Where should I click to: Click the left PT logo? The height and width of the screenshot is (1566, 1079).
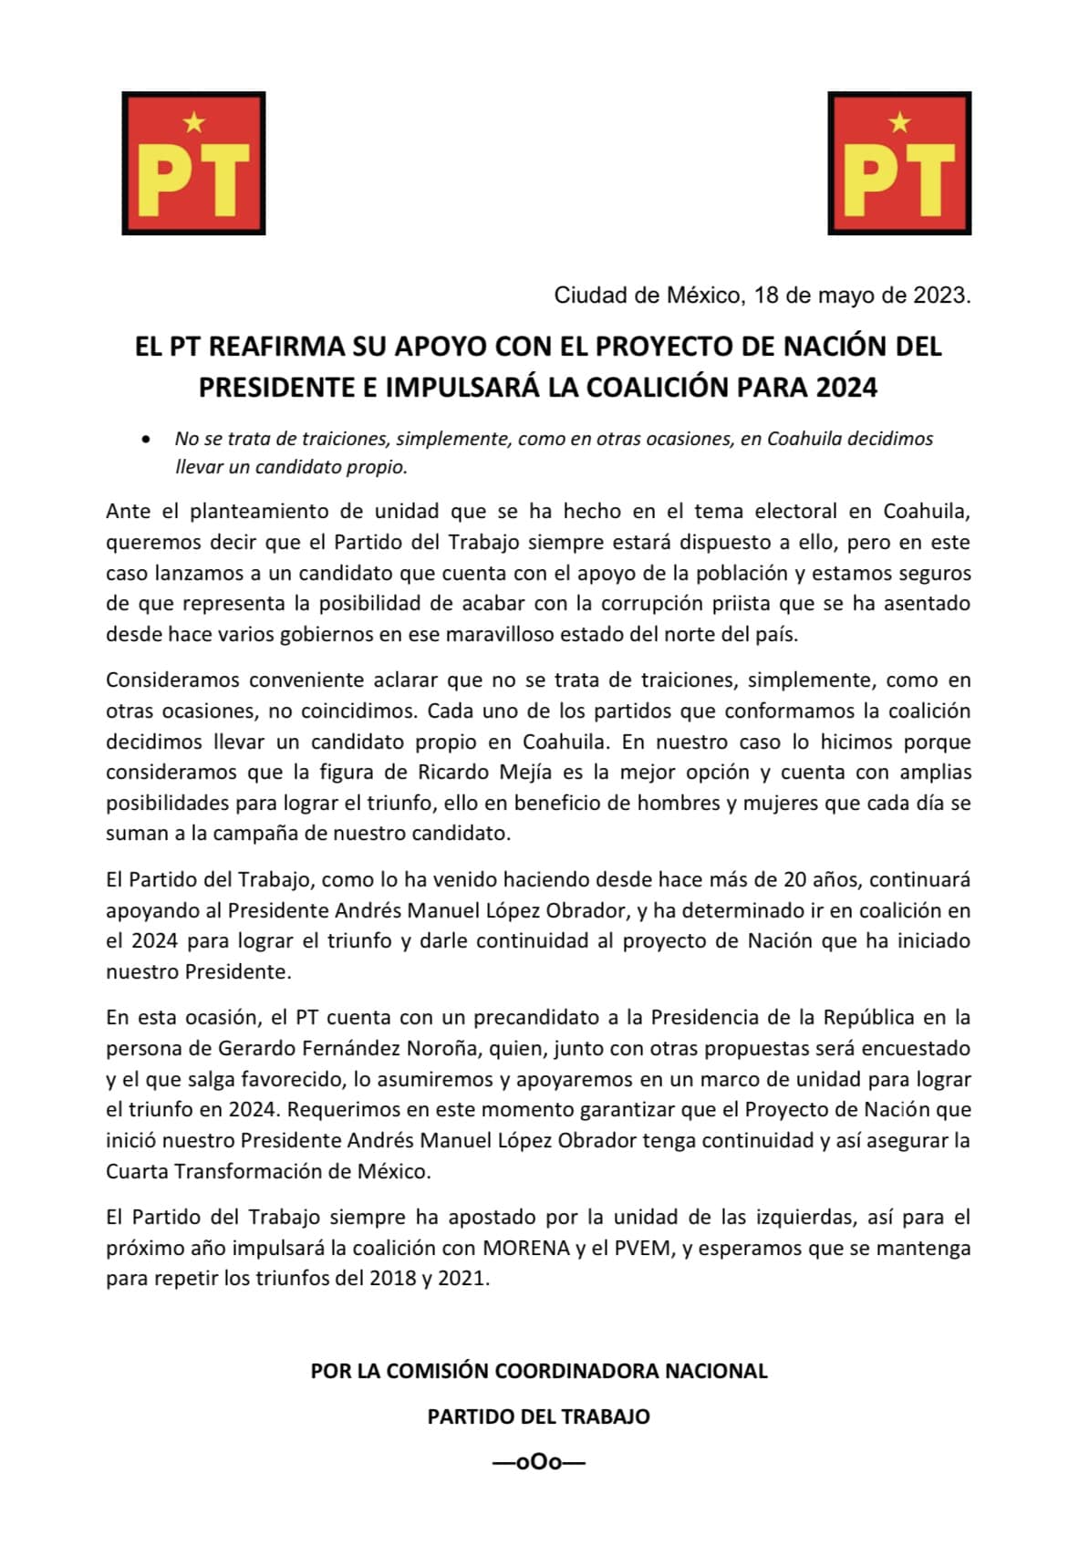(193, 163)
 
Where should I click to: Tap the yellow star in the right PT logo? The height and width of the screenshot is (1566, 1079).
(899, 121)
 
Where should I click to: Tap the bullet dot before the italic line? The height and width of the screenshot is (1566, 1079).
(146, 440)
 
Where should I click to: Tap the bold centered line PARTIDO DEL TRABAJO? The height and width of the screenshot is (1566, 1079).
(538, 1416)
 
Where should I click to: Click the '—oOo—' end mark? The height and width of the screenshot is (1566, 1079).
(538, 1462)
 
